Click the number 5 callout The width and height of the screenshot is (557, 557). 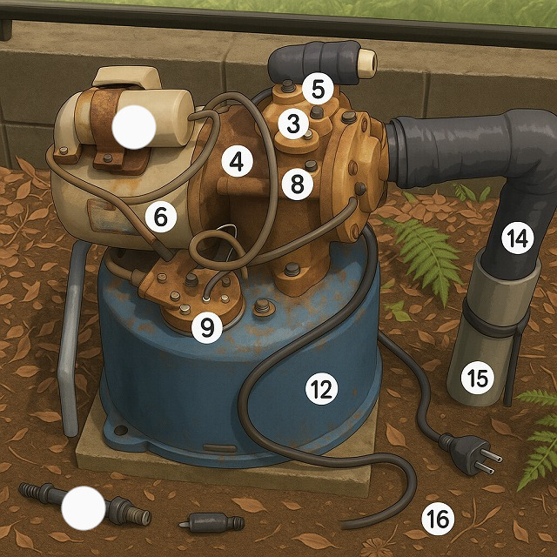click(x=318, y=89)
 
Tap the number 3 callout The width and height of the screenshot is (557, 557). click(x=293, y=124)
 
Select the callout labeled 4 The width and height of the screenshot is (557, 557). click(x=237, y=162)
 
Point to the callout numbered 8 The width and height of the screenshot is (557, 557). click(x=298, y=185)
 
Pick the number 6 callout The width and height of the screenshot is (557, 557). click(x=160, y=217)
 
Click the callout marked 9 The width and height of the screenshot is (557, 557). click(x=207, y=327)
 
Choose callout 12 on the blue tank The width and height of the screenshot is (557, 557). click(x=321, y=389)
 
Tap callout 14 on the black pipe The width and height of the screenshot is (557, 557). click(x=518, y=238)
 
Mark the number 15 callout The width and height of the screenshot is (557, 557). click(x=477, y=378)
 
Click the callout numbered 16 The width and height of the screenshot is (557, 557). click(x=438, y=520)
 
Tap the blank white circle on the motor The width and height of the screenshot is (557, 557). click(x=134, y=127)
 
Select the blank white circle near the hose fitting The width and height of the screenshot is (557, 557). click(x=84, y=508)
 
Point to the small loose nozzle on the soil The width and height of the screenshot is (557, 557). click(x=211, y=523)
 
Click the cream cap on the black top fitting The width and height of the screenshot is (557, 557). click(x=367, y=64)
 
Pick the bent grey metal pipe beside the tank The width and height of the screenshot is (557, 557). click(x=71, y=338)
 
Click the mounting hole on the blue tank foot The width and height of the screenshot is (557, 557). click(x=121, y=430)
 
